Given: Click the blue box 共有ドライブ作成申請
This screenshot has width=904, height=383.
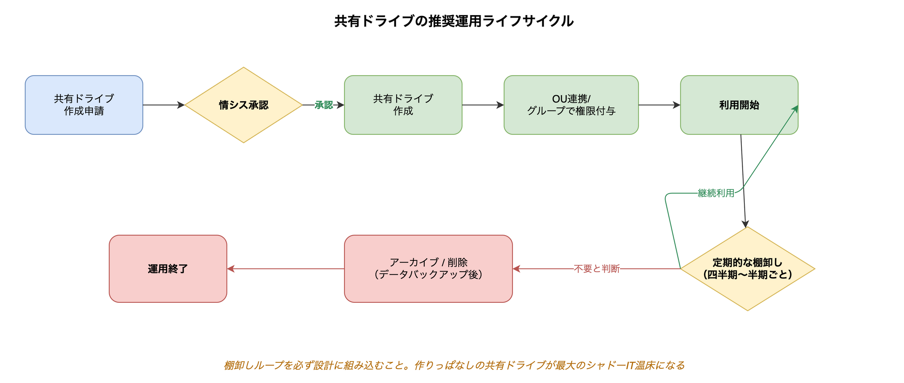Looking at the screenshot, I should [x=84, y=105].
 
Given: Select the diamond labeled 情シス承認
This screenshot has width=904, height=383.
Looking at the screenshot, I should [x=243, y=105].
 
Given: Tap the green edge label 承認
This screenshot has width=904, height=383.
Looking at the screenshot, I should [x=323, y=105].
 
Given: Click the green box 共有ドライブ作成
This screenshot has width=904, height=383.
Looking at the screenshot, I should [x=403, y=105].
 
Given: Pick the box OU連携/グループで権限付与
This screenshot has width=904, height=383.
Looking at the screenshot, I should [x=571, y=105].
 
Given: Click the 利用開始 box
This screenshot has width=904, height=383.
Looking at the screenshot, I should [x=739, y=105].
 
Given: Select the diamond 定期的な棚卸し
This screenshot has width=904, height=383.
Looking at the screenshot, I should [x=747, y=269].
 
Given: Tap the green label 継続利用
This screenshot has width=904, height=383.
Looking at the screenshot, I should [x=716, y=193].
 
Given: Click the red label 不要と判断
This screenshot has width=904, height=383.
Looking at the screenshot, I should [x=597, y=269].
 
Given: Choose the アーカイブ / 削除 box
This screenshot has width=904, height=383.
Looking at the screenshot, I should [x=428, y=269].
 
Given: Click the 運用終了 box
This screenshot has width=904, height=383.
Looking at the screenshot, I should [x=168, y=269].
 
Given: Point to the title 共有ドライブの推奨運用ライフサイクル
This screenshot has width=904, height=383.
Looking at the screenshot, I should [x=454, y=21].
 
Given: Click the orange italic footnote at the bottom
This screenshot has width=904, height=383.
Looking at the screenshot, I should [x=454, y=365].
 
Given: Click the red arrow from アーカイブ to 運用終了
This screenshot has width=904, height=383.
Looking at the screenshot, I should [x=286, y=269].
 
